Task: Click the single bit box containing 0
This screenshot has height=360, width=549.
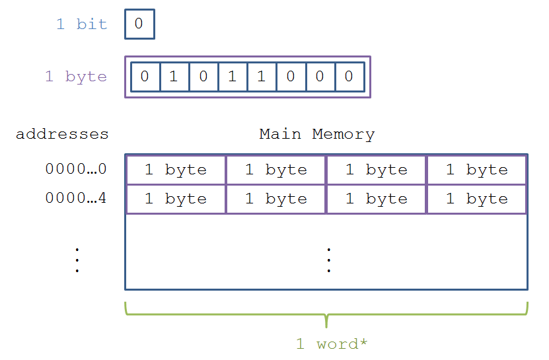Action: [x=139, y=24]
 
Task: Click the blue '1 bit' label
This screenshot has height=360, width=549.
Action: [x=81, y=24]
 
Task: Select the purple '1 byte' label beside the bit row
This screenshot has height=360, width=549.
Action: [x=76, y=77]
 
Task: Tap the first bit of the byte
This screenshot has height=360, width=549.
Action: [x=145, y=77]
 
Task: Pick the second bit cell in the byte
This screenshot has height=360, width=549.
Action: [x=174, y=77]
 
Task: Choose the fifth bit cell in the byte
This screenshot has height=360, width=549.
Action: [x=262, y=77]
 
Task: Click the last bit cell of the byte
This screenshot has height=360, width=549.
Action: [x=349, y=77]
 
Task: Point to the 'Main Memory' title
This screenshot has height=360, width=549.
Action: [x=317, y=135]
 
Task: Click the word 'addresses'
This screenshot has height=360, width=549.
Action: [x=62, y=135]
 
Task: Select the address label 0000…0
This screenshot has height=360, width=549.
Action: [x=76, y=169]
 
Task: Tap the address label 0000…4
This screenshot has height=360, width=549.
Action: [x=76, y=198]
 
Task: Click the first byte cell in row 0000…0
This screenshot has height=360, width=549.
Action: [x=176, y=170]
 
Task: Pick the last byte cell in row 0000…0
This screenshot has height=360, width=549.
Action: [x=477, y=170]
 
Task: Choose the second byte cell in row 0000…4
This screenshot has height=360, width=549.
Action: [x=276, y=199]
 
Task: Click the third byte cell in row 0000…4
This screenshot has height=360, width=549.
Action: [x=377, y=199]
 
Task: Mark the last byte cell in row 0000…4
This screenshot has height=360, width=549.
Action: [x=477, y=199]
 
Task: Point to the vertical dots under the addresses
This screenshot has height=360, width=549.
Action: [x=77, y=260]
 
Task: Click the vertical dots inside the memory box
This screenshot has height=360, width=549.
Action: [x=329, y=260]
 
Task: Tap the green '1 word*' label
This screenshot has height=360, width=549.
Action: [x=332, y=344]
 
